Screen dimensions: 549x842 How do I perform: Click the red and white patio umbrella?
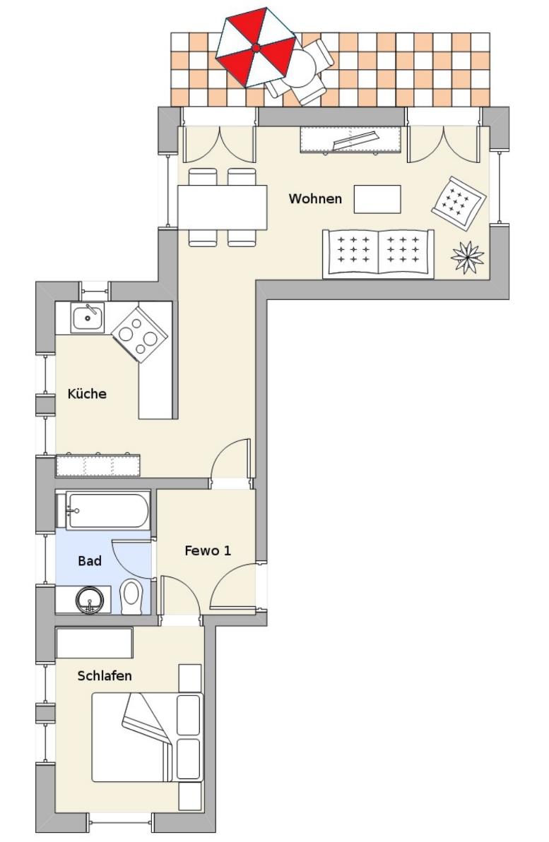[x=256, y=47]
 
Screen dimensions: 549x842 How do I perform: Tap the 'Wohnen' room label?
[x=315, y=199]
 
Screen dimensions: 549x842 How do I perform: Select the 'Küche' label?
[x=87, y=394]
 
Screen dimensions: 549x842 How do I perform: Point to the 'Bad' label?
[x=90, y=561]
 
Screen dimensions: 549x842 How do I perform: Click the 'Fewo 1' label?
[x=208, y=551]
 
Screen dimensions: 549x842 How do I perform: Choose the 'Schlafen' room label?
[x=105, y=675]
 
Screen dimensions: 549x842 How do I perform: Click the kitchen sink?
[x=87, y=318]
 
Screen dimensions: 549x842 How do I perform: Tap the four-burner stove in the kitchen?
[x=139, y=333]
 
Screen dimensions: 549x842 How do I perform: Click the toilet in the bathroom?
[x=130, y=596]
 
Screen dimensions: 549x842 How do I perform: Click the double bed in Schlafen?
[x=148, y=737]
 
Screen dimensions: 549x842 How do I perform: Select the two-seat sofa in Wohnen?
[x=378, y=253]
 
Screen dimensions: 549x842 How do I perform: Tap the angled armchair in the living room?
[x=459, y=203]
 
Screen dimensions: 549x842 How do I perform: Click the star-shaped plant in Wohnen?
[x=467, y=257]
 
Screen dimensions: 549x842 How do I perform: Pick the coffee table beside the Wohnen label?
[x=377, y=199]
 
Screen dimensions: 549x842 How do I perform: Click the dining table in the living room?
[x=222, y=208]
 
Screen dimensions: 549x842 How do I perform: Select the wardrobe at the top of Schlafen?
[x=94, y=643]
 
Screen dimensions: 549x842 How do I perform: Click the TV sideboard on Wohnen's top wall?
[x=350, y=139]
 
